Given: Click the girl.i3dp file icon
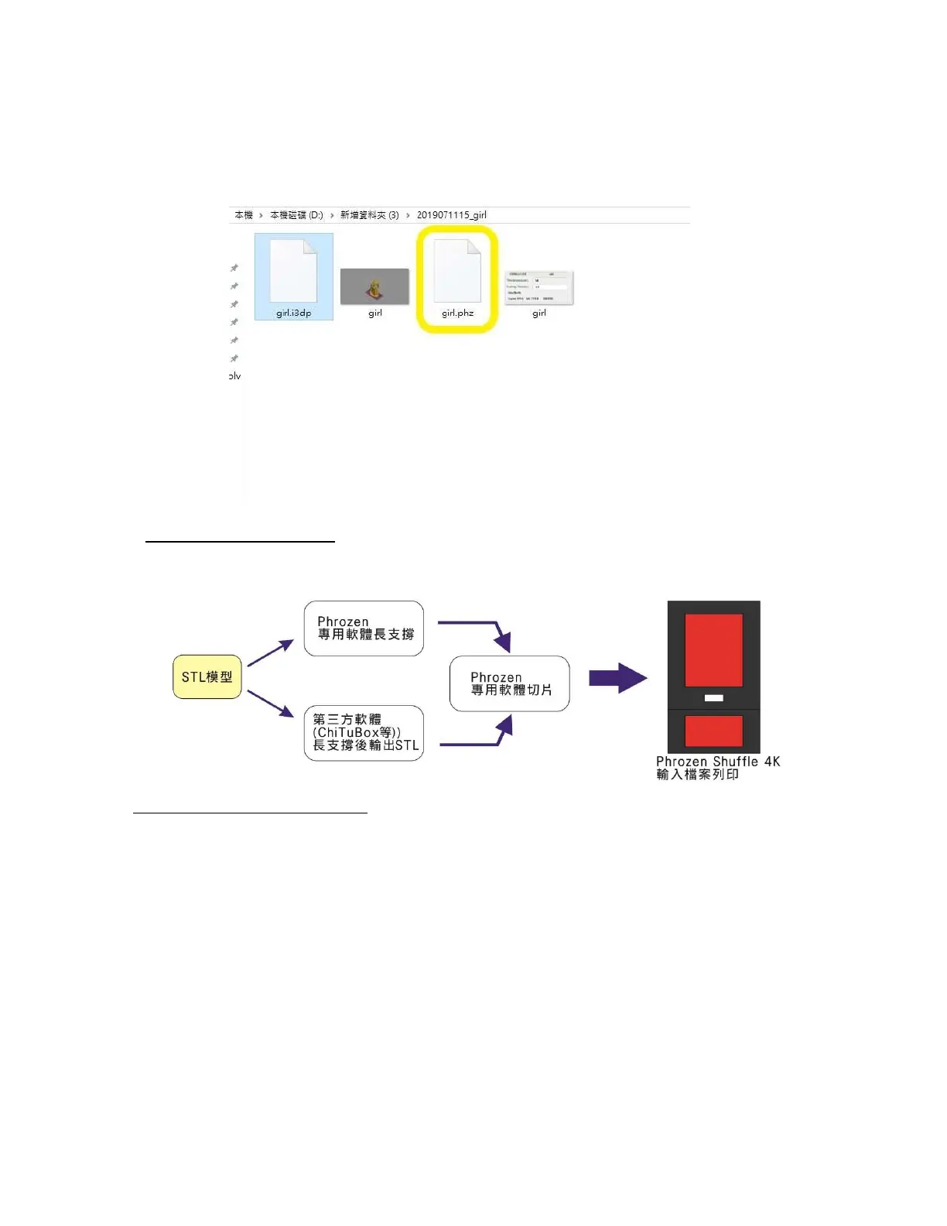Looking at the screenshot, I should [x=293, y=271].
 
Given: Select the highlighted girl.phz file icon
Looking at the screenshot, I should [x=457, y=271].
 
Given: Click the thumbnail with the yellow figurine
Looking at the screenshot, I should [x=374, y=286].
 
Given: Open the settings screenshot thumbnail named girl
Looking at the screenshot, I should [x=538, y=287].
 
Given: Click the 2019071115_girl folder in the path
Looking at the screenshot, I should [x=452, y=215].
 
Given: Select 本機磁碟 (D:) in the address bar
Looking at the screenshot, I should [x=296, y=215].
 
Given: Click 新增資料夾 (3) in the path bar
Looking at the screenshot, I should [x=369, y=215].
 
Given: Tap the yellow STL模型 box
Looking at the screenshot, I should [x=207, y=677].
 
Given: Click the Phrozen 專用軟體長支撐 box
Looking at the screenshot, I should [x=364, y=628].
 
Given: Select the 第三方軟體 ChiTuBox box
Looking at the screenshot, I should [x=364, y=733].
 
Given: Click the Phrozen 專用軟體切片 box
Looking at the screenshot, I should [x=510, y=683].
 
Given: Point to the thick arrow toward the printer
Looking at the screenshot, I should [x=617, y=679].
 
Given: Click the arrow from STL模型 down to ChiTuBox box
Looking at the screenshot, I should [x=271, y=703].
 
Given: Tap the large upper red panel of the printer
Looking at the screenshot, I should [x=713, y=650].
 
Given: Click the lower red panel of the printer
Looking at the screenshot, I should [x=713, y=731].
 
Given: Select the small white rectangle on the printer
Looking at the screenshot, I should [x=713, y=698].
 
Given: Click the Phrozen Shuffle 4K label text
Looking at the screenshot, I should [x=718, y=762].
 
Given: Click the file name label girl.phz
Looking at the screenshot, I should [x=457, y=313].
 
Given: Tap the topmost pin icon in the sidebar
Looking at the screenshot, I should [x=234, y=268].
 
